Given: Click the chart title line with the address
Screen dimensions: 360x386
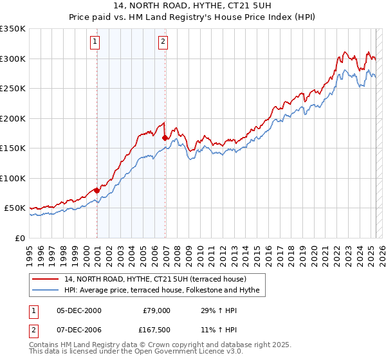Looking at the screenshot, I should pyautogui.click(x=192, y=6).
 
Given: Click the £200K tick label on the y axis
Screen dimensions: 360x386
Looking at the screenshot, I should pyautogui.click(x=13, y=118).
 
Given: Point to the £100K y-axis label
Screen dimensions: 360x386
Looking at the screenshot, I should pyautogui.click(x=13, y=178).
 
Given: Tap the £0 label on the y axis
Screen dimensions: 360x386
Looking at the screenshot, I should pyautogui.click(x=21, y=238).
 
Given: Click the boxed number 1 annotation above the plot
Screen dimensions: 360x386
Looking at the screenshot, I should pyautogui.click(x=95, y=42).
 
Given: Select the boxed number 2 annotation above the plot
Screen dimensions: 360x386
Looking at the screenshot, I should pyautogui.click(x=163, y=42).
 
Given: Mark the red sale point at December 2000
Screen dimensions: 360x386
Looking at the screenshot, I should pyautogui.click(x=97, y=190).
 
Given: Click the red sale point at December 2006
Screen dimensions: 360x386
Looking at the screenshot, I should pyautogui.click(x=165, y=137).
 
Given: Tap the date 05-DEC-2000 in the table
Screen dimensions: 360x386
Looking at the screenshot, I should pyautogui.click(x=78, y=310).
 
